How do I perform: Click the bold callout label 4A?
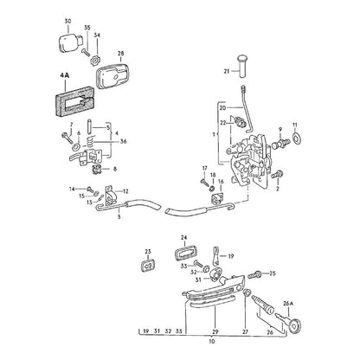click(x=65, y=75)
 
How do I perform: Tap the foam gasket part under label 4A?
click(x=74, y=103)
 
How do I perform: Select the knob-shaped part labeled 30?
click(x=71, y=43)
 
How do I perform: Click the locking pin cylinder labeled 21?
click(x=242, y=66)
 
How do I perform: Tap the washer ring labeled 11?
click(x=296, y=138)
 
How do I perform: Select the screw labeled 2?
click(x=279, y=175)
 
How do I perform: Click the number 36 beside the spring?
click(x=124, y=141)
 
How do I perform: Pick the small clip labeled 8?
click(x=96, y=170)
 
